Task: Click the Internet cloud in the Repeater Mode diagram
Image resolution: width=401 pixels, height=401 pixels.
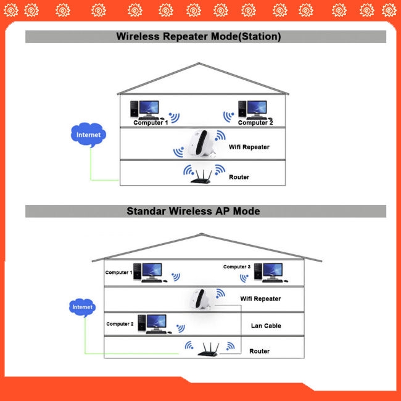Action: pyautogui.click(x=88, y=134)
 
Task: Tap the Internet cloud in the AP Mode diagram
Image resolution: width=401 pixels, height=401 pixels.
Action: pyautogui.click(x=82, y=307)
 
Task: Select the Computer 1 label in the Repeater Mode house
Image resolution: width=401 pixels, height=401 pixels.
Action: pyautogui.click(x=151, y=123)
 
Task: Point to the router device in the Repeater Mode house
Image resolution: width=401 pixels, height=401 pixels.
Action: pyautogui.click(x=201, y=176)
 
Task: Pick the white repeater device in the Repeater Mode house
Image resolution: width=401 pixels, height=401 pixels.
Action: pyautogui.click(x=202, y=143)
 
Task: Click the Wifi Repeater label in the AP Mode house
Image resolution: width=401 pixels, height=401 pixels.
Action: pyautogui.click(x=260, y=299)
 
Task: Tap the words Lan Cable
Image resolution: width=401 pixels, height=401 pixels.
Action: pyautogui.click(x=266, y=326)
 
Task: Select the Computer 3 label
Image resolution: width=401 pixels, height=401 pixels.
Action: pyautogui.click(x=236, y=267)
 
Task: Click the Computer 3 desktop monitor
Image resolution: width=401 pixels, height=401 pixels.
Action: pyautogui.click(x=273, y=271)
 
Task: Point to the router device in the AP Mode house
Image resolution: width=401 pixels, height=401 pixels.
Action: pyautogui.click(x=209, y=349)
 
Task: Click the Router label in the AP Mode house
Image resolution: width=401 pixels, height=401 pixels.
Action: pyautogui.click(x=259, y=351)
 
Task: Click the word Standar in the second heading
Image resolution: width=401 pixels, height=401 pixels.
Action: pyautogui.click(x=146, y=211)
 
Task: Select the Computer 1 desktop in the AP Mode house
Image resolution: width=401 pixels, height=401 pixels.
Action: pyautogui.click(x=151, y=273)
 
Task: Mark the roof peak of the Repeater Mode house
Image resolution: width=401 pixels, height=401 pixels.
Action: pyautogui.click(x=199, y=63)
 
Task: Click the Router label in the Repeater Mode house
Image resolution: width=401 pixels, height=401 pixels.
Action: pyautogui.click(x=239, y=177)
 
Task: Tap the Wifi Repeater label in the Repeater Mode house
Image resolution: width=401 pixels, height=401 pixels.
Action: pyautogui.click(x=249, y=147)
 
